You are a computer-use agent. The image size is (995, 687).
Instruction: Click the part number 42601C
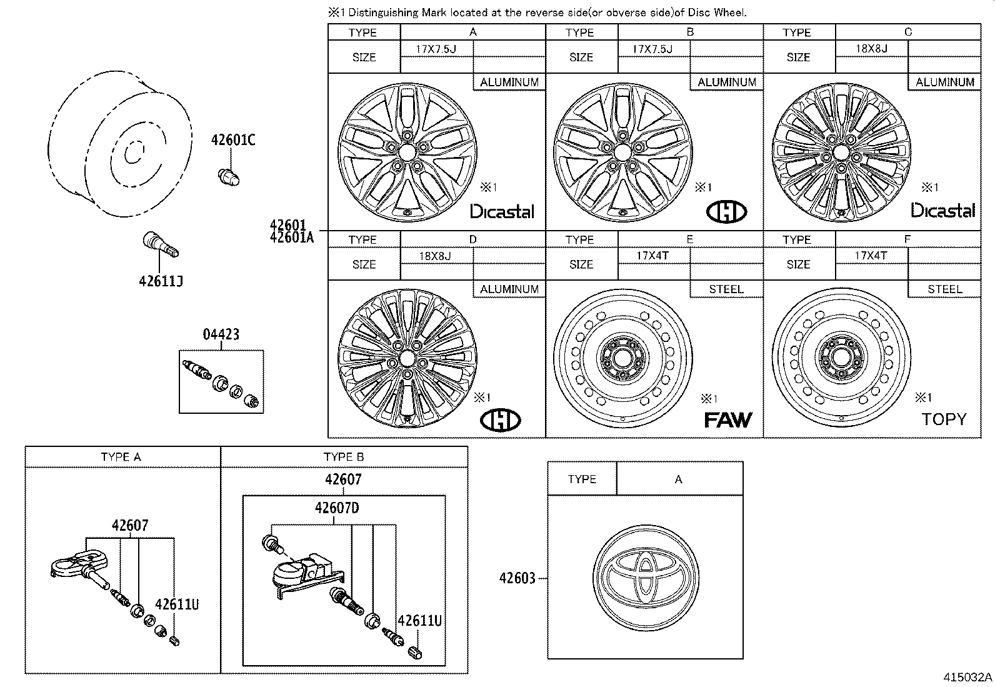(x=232, y=141)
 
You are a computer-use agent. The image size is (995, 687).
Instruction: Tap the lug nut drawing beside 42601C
(x=229, y=177)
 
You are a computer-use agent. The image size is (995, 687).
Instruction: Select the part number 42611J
(x=161, y=281)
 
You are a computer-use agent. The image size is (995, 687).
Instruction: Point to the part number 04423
(x=221, y=334)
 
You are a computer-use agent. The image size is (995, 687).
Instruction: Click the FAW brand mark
(x=727, y=420)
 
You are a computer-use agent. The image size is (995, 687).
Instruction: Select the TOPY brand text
(x=944, y=419)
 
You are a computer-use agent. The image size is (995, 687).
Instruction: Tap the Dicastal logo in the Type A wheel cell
(x=502, y=212)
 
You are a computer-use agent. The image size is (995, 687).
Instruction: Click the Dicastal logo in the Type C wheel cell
(x=942, y=211)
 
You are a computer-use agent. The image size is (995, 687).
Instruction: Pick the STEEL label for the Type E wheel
(x=726, y=289)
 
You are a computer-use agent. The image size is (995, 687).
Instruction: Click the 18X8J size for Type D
(x=435, y=256)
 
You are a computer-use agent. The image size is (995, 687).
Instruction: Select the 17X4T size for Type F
(x=871, y=256)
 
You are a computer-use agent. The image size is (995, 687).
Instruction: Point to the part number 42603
(x=517, y=578)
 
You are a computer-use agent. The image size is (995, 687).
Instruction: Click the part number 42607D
(x=337, y=508)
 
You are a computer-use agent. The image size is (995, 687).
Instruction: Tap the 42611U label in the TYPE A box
(x=177, y=604)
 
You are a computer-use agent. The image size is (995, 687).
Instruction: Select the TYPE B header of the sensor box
(x=344, y=457)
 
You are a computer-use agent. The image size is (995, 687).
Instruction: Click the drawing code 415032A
(x=967, y=677)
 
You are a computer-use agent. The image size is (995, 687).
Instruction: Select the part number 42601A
(x=291, y=237)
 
